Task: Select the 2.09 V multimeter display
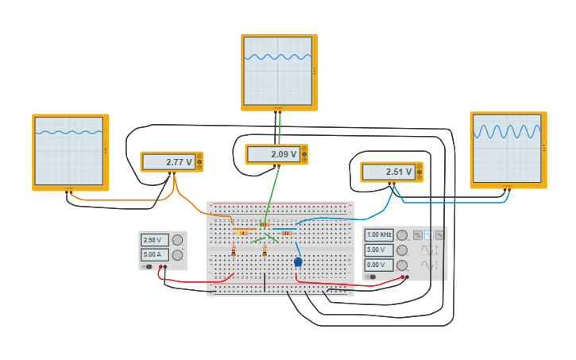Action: pyautogui.click(x=273, y=154)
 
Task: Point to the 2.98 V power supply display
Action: pyautogui.click(x=154, y=240)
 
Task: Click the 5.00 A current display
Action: pyautogui.click(x=154, y=255)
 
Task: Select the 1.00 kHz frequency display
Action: pyautogui.click(x=379, y=235)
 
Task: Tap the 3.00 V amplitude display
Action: pyautogui.click(x=379, y=250)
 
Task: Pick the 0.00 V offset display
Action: pyautogui.click(x=379, y=265)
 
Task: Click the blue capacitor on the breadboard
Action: pyautogui.click(x=298, y=261)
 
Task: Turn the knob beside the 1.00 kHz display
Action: pyautogui.click(x=402, y=235)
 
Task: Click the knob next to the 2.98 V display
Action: pyautogui.click(x=177, y=240)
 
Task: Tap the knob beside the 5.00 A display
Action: pyautogui.click(x=177, y=255)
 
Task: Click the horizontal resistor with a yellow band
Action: pyautogui.click(x=242, y=233)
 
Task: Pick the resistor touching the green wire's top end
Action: pyautogui.click(x=264, y=225)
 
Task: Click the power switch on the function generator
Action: pyautogui.click(x=371, y=277)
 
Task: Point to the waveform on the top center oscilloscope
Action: pyautogui.click(x=278, y=57)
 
